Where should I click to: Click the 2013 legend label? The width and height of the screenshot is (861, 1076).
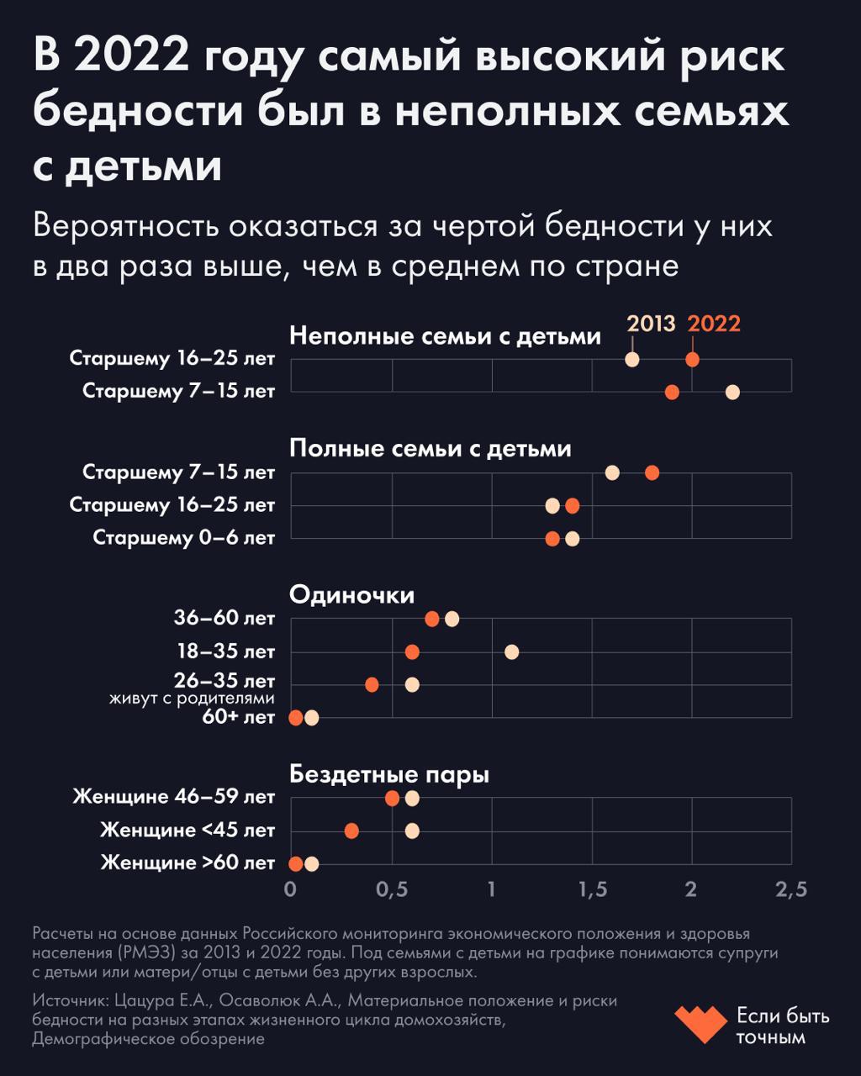point(651,324)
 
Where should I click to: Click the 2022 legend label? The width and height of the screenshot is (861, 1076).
point(714,324)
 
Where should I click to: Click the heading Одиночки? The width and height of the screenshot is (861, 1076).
point(351,595)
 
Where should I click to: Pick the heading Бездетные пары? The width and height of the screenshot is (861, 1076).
point(388,774)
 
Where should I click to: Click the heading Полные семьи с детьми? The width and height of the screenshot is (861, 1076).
point(430,449)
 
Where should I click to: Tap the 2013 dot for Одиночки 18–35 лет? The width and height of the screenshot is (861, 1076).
point(511,651)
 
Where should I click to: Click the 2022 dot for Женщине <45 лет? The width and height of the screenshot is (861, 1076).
point(351,831)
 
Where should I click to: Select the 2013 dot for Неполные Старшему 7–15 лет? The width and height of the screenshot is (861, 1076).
point(732,392)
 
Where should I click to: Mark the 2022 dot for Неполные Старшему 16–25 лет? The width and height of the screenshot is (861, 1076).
point(692,360)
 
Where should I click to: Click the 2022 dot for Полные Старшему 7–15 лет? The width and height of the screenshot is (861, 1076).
point(652,472)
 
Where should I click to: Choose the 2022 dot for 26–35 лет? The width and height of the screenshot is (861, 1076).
point(372,684)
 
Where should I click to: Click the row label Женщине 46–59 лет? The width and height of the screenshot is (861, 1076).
point(173,796)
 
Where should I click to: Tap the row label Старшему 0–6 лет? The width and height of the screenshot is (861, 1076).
point(183,538)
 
